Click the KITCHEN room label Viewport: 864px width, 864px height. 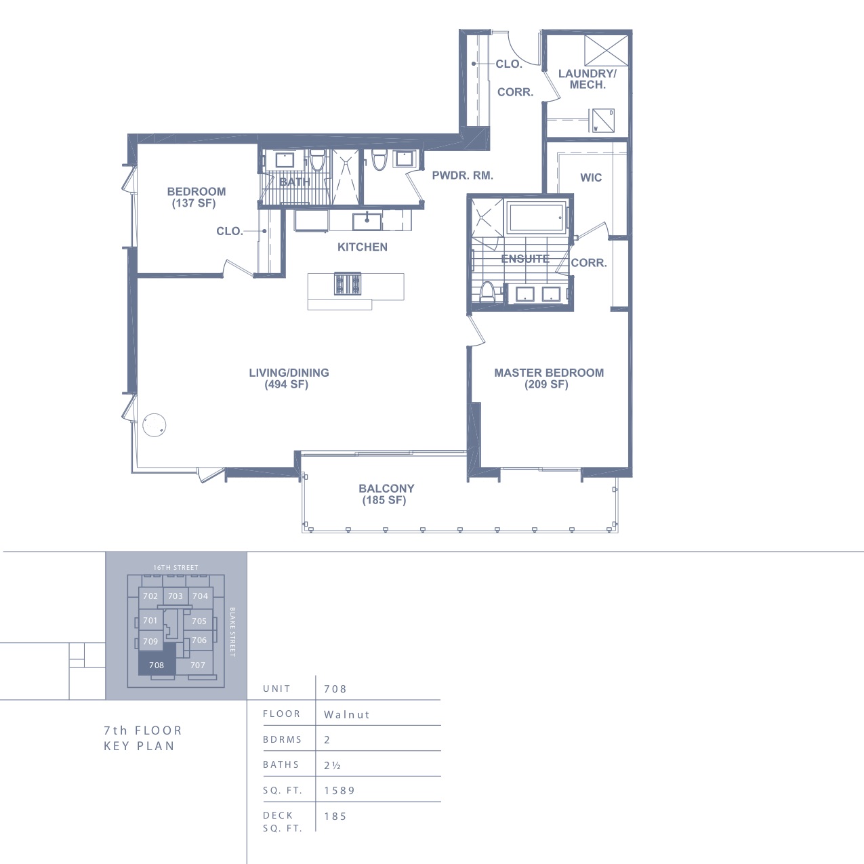(363, 247)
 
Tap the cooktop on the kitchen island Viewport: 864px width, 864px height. (348, 284)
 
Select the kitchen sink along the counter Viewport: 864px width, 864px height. (367, 221)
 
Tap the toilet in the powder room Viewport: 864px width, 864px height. (379, 160)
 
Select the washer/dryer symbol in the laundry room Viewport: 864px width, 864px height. (603, 121)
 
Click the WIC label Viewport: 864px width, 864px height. (591, 178)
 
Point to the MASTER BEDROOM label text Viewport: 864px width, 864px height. (549, 373)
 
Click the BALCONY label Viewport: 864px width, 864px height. (386, 489)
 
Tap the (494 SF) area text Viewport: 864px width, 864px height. (287, 384)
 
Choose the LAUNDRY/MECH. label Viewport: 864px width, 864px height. (588, 79)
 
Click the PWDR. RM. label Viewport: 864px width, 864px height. (462, 176)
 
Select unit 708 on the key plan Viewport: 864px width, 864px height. (157, 665)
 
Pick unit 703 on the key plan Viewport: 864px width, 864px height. (176, 596)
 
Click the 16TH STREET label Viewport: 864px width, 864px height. (176, 568)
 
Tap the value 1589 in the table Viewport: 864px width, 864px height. (340, 790)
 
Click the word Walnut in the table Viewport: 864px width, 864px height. (347, 715)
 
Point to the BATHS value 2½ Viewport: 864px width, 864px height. (332, 765)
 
